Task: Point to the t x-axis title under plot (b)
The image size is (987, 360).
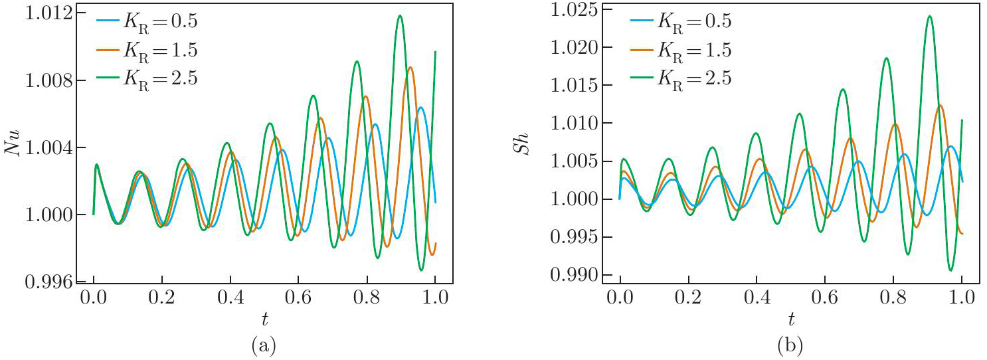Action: click(x=791, y=320)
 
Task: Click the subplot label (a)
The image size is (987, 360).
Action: click(x=264, y=345)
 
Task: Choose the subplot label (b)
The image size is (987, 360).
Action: click(x=790, y=345)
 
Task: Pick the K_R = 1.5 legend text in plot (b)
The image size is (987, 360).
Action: click(x=694, y=50)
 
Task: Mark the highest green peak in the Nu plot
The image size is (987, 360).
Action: click(x=399, y=15)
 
